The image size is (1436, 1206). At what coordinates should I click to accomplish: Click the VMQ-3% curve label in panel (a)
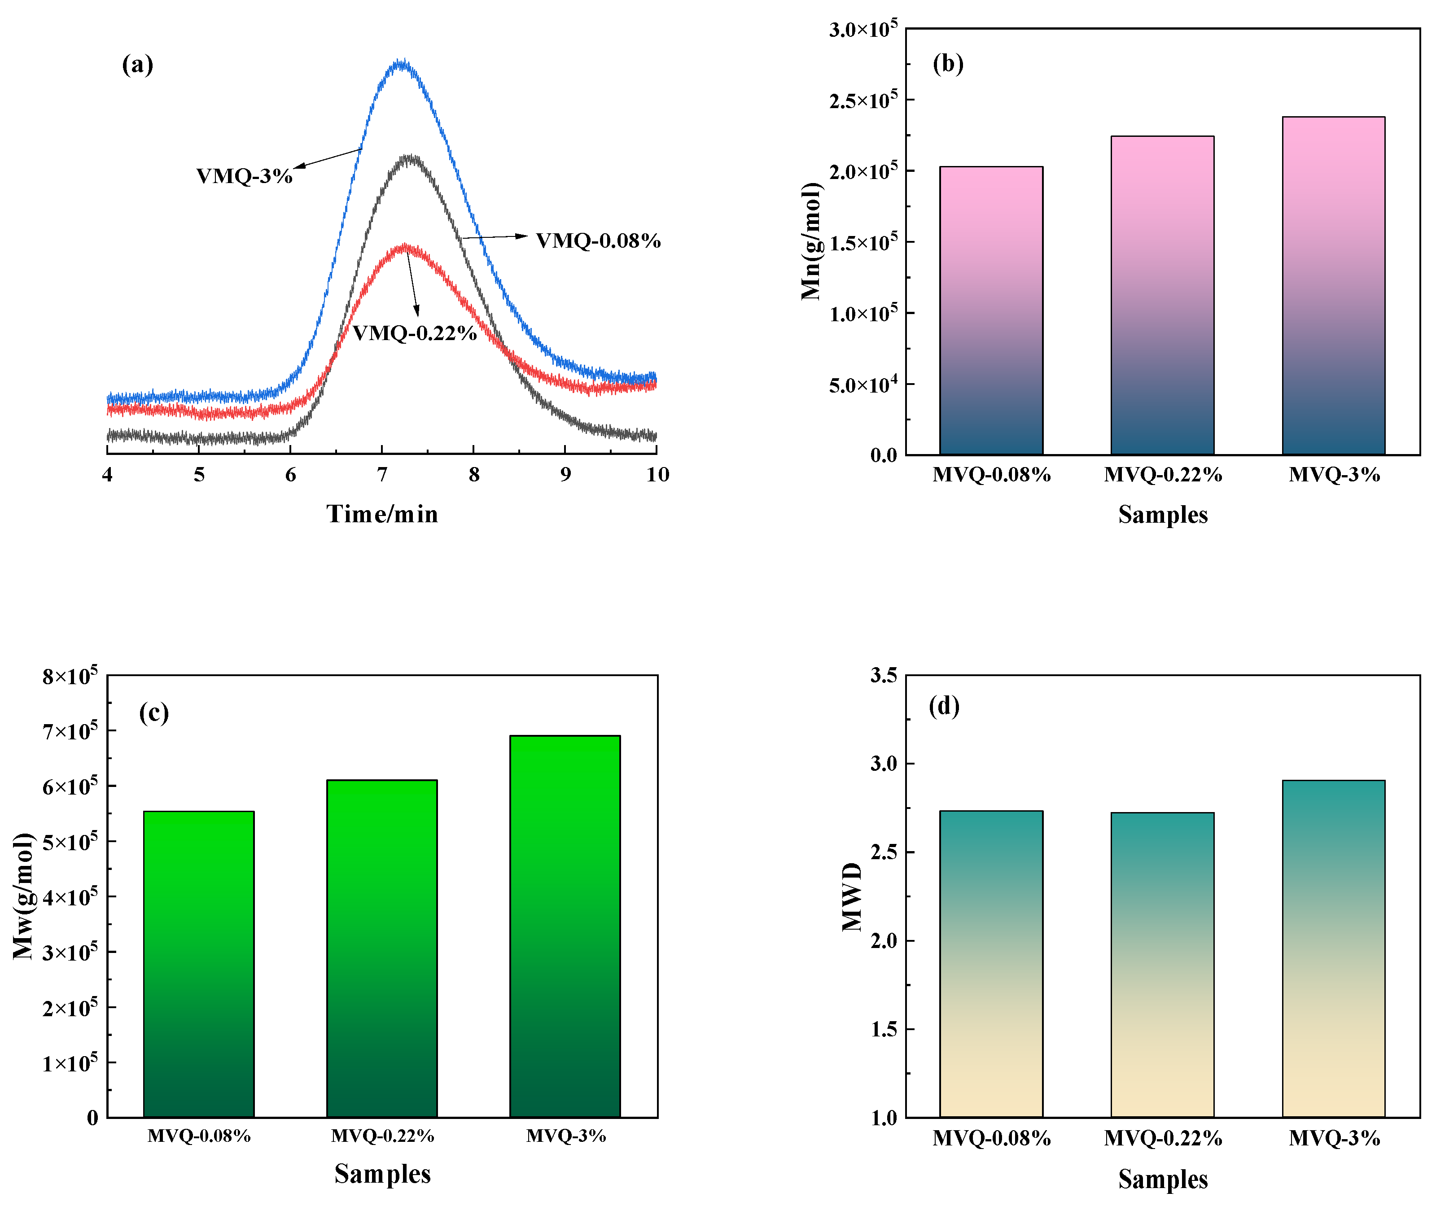pos(244,176)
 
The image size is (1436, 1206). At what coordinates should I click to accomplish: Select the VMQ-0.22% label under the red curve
pos(414,333)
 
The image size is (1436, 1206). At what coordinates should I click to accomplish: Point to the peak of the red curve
pos(406,247)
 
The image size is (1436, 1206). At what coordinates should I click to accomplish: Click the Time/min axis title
pos(382,514)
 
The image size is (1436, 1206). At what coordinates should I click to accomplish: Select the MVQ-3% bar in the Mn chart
pos(1333,287)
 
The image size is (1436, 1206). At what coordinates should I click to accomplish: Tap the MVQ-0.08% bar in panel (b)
pos(991,311)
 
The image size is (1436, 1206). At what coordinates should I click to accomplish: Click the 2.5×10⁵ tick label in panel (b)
pos(863,100)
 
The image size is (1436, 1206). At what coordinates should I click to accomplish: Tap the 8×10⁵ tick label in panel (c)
pos(70,676)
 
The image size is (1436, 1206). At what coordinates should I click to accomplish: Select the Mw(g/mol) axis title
pos(23,896)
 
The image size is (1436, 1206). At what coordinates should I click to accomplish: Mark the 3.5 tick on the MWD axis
pos(884,676)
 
